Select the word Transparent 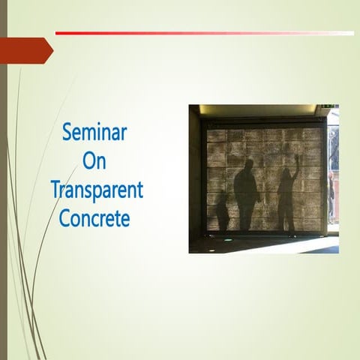96,189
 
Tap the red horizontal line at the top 187,33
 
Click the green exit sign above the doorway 328,108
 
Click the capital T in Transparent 55,189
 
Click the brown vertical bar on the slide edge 3,180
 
